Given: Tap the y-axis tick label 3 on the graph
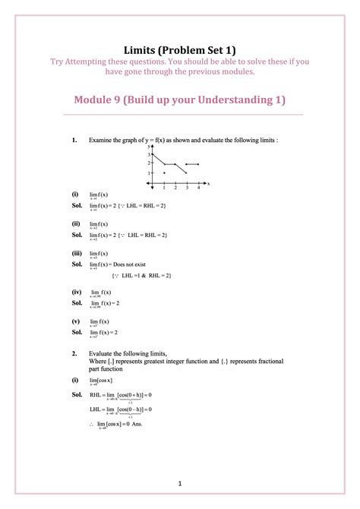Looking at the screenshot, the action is point(150,154).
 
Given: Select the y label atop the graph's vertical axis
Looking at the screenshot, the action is point(150,147).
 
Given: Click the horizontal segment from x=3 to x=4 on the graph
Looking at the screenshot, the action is point(192,163).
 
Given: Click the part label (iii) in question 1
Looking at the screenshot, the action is point(76,253).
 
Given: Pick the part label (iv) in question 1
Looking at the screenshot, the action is point(76,292).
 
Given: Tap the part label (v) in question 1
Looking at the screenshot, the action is point(75,321).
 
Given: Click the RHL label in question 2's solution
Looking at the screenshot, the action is point(96,396).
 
